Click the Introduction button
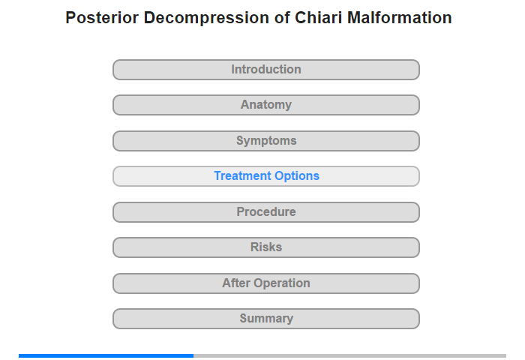pos(265,70)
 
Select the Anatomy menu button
pos(265,105)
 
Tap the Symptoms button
pos(265,141)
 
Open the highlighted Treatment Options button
pos(265,176)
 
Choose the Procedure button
pos(265,212)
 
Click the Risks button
pos(265,247)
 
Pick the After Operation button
pos(265,283)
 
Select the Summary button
pos(265,319)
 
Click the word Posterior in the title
pos(102,18)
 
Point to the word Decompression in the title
pos(206,19)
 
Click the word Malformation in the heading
pos(400,18)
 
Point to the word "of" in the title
pos(282,18)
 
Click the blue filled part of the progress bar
pos(106,355)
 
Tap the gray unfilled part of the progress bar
pos(350,355)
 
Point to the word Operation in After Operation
pos(282,283)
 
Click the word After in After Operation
pos(236,283)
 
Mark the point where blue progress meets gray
pos(193,355)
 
